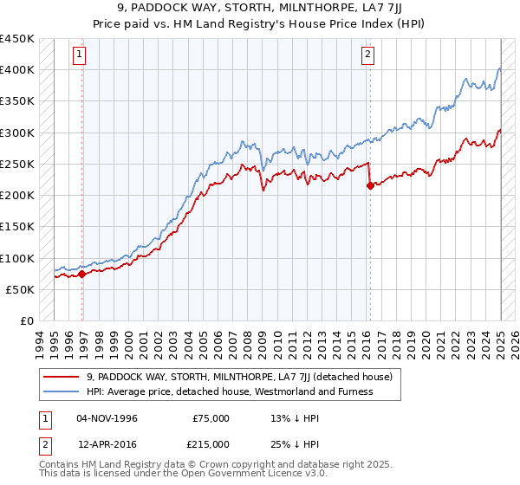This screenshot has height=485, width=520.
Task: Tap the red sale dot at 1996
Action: tap(81, 274)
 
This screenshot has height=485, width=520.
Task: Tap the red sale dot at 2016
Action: tap(370, 185)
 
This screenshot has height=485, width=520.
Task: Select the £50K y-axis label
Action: tap(21, 289)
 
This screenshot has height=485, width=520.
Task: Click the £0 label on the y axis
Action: tap(28, 320)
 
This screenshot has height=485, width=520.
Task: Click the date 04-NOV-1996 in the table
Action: tap(107, 418)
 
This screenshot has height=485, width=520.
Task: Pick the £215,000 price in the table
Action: tap(211, 444)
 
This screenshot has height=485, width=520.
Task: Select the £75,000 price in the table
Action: tap(211, 418)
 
